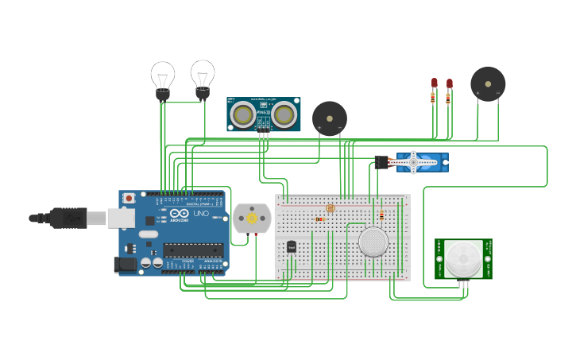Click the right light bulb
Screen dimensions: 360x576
(203, 76)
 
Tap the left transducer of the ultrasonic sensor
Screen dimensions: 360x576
(243, 115)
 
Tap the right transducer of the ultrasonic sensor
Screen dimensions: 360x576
(284, 115)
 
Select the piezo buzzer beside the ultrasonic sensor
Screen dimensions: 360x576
(329, 118)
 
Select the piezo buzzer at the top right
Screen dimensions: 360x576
(487, 83)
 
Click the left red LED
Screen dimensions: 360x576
(435, 83)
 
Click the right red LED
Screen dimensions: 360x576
(449, 83)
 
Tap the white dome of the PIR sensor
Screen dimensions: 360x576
(462, 258)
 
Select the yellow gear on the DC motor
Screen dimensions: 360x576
(252, 218)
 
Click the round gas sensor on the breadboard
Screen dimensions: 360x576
(373, 242)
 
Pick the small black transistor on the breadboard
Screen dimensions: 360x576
(292, 247)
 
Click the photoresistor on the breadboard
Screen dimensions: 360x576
(331, 208)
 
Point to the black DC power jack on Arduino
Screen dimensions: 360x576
(125, 265)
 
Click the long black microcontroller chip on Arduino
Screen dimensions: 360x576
(193, 250)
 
